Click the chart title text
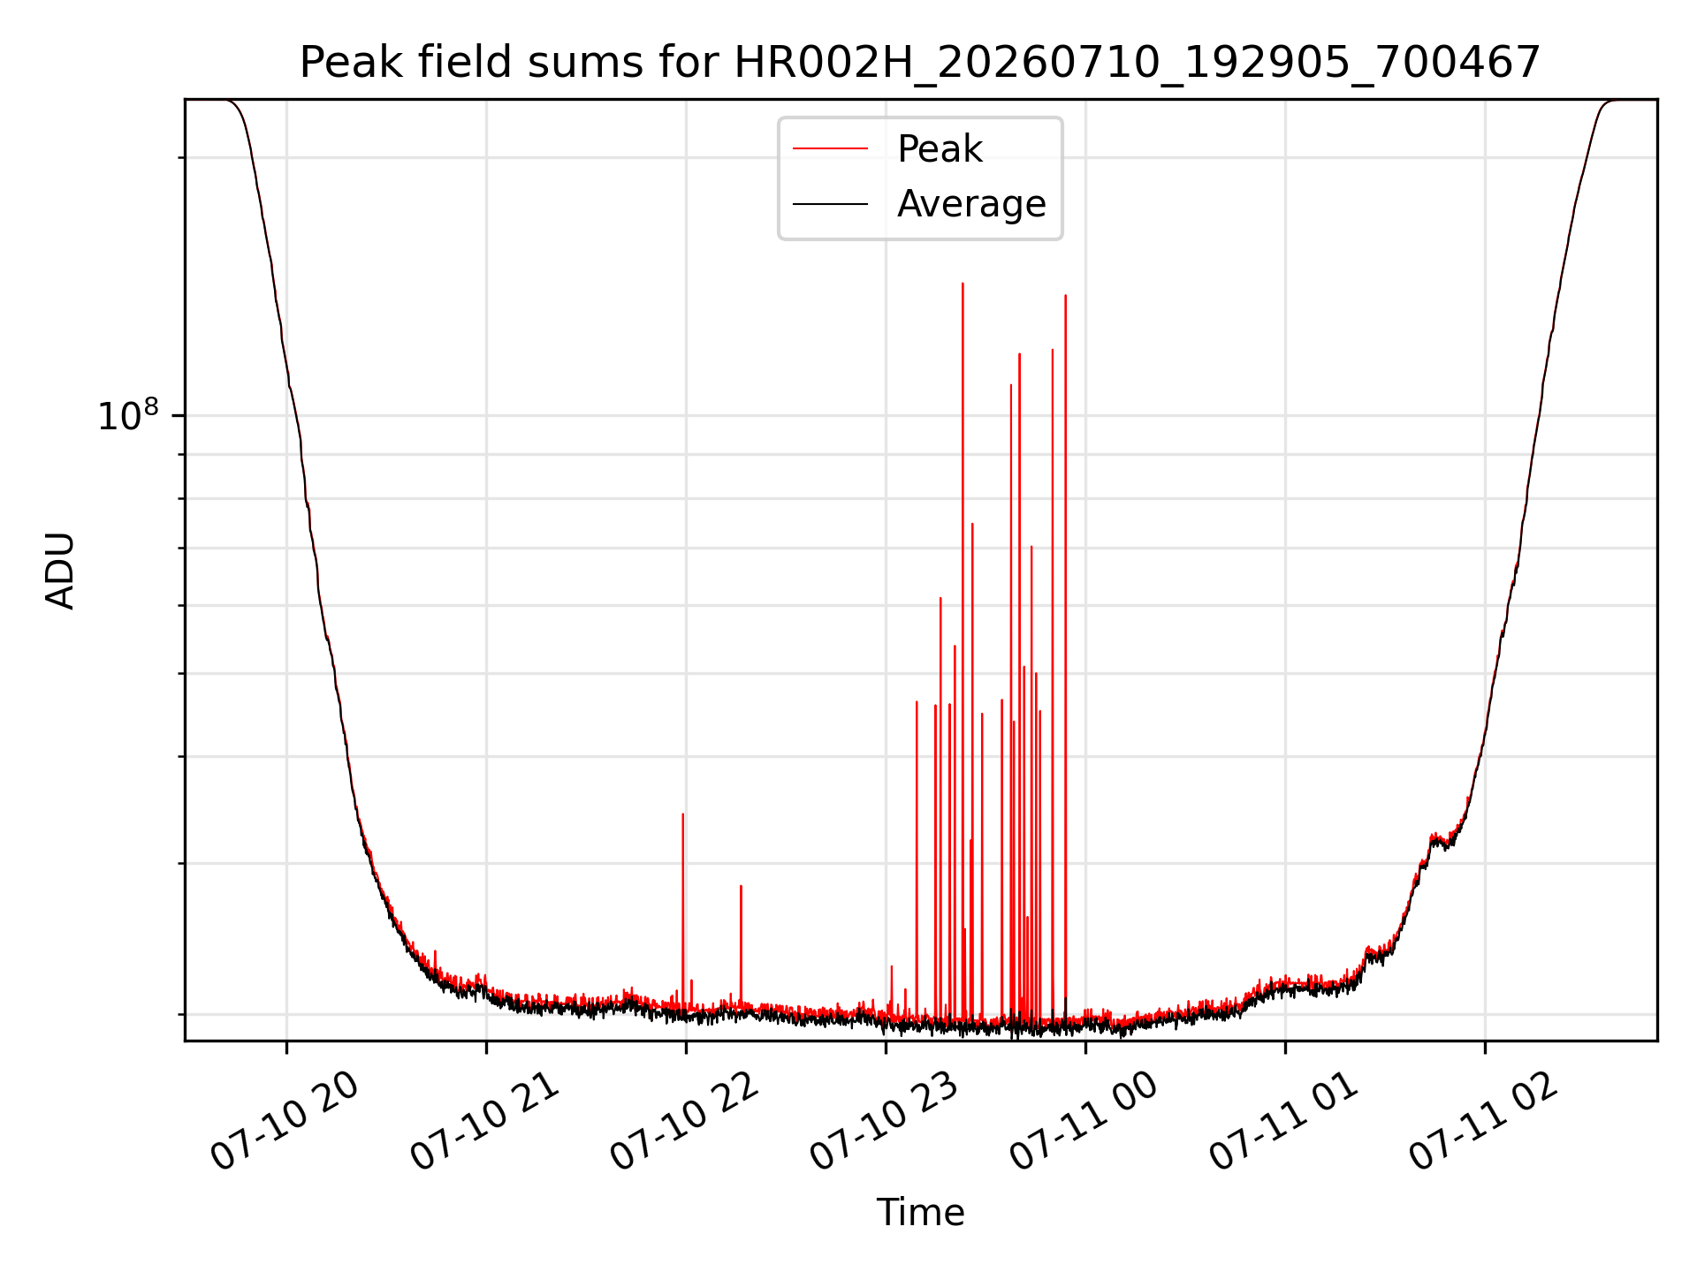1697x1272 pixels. coord(920,64)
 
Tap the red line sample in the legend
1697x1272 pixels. coord(830,149)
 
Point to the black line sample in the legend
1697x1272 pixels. coord(830,204)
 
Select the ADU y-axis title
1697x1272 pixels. coord(60,571)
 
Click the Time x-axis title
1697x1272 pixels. coord(920,1213)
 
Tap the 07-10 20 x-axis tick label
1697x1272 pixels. coord(285,1121)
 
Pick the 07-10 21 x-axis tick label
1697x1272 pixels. coord(485,1121)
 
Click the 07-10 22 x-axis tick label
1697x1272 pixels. coord(685,1121)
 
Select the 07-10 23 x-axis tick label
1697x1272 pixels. coord(885,1121)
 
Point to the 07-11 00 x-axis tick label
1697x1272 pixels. coord(1084,1121)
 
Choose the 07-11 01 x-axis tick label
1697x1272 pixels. coord(1284,1121)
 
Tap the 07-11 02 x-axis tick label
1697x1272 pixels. coord(1484,1121)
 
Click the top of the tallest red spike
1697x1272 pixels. coord(963,284)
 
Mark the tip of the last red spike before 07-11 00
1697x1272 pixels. coord(1065,296)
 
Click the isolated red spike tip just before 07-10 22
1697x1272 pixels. coord(683,814)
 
